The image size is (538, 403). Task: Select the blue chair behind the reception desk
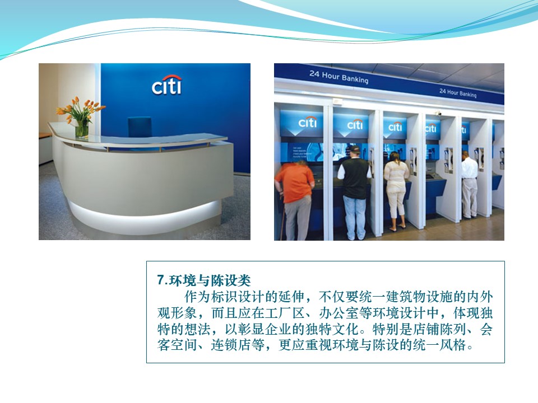tap(140, 127)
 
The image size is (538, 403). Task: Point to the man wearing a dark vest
tap(355, 192)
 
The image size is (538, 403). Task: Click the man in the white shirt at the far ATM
tap(469, 184)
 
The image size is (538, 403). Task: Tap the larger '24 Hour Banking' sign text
tap(338, 77)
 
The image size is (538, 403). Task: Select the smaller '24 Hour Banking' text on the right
tap(458, 92)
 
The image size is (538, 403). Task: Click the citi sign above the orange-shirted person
tap(308, 122)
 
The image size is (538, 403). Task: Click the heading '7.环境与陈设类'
tap(204, 280)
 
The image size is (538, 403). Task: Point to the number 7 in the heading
tap(161, 280)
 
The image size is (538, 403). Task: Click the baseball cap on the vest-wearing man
tap(354, 148)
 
